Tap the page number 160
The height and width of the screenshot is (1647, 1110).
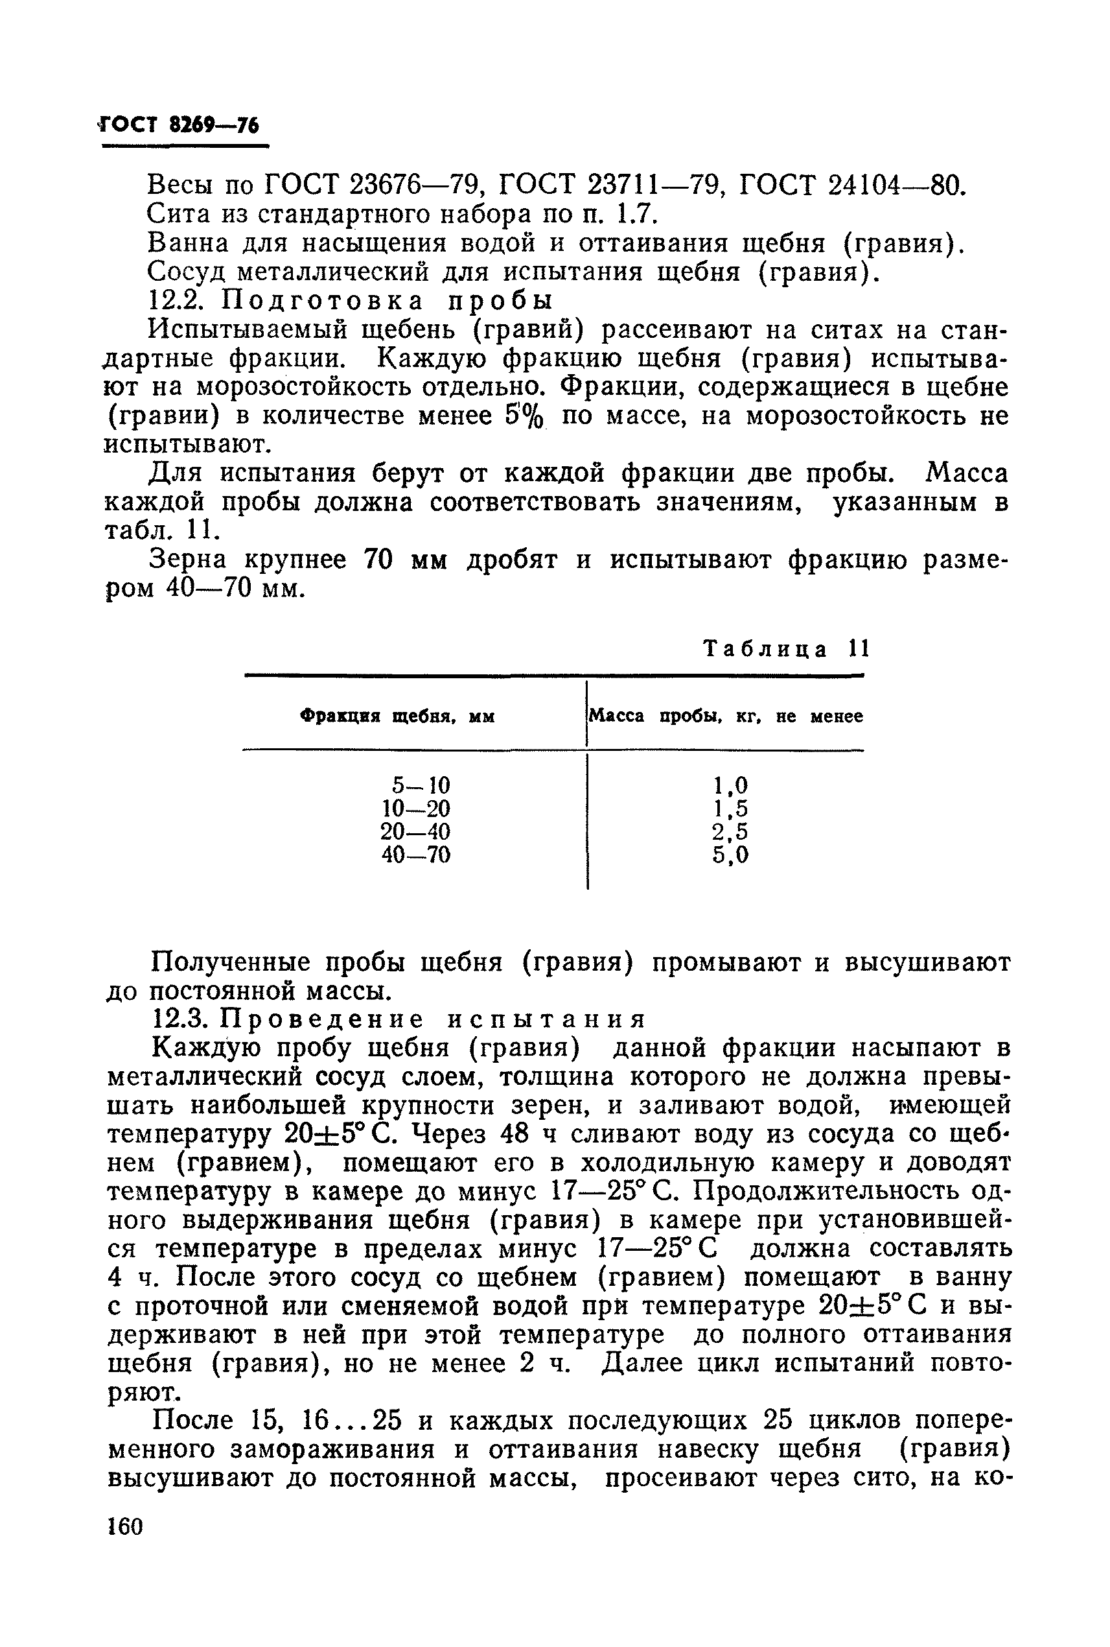[125, 1525]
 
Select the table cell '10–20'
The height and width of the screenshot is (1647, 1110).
[415, 809]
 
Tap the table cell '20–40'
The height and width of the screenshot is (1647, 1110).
[415, 832]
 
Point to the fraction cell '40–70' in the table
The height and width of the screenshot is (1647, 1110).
[415, 855]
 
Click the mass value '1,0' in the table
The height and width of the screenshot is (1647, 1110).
[730, 785]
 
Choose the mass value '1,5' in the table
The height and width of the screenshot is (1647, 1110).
[730, 809]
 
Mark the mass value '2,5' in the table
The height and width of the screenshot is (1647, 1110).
[730, 832]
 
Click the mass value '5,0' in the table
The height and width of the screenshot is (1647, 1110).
[730, 855]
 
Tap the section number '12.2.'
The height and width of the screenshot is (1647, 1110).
[176, 301]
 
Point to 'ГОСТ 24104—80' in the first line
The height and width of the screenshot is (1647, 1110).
[851, 185]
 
